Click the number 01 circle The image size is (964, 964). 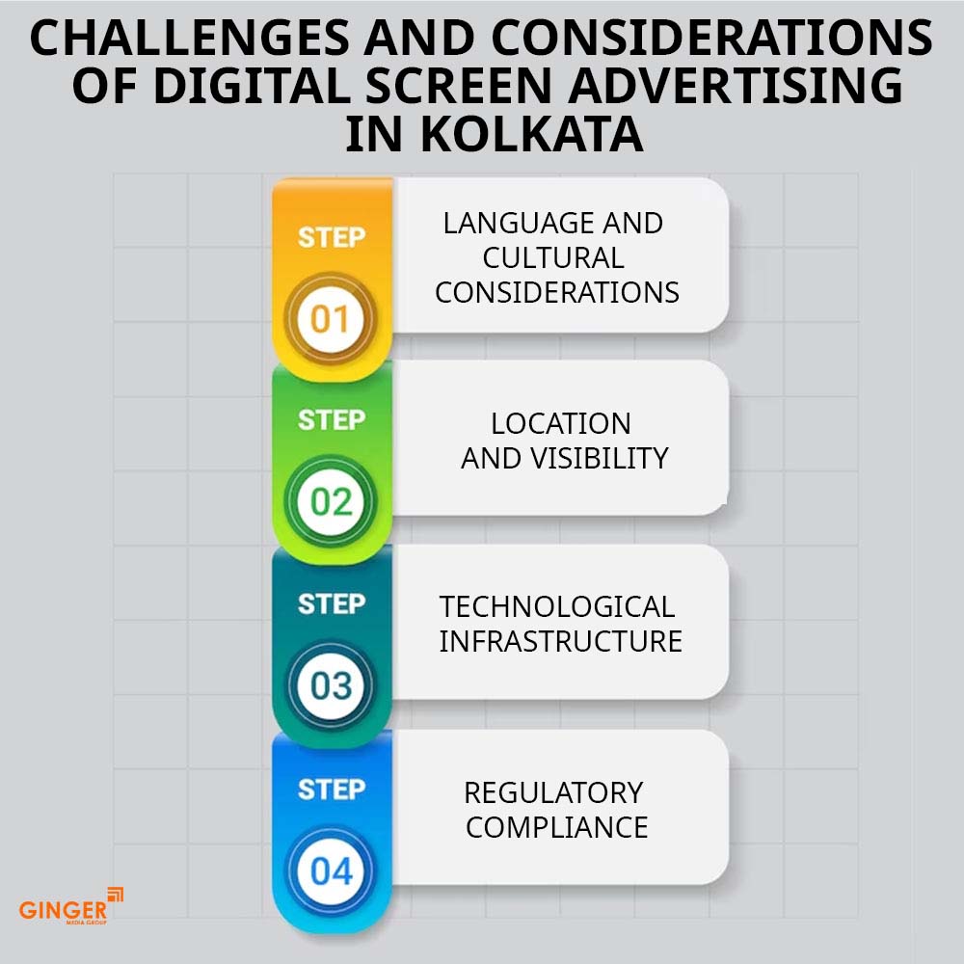[330, 318]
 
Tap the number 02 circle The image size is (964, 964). [330, 501]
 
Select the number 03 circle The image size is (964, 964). [330, 684]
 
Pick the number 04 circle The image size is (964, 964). [330, 870]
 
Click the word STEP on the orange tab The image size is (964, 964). [332, 237]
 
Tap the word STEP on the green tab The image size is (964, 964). [332, 420]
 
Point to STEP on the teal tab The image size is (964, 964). [332, 604]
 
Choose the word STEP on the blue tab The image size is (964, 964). [332, 790]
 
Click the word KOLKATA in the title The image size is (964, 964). [532, 134]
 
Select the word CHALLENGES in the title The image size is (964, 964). [189, 38]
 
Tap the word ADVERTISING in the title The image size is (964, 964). [736, 86]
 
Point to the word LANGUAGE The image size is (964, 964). [519, 224]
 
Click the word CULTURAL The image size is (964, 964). [553, 257]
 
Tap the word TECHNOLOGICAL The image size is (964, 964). [557, 606]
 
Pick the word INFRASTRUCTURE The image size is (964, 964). [561, 641]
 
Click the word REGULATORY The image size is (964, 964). [553, 792]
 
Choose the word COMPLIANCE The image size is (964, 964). [557, 827]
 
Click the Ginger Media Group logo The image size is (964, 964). [71, 906]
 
